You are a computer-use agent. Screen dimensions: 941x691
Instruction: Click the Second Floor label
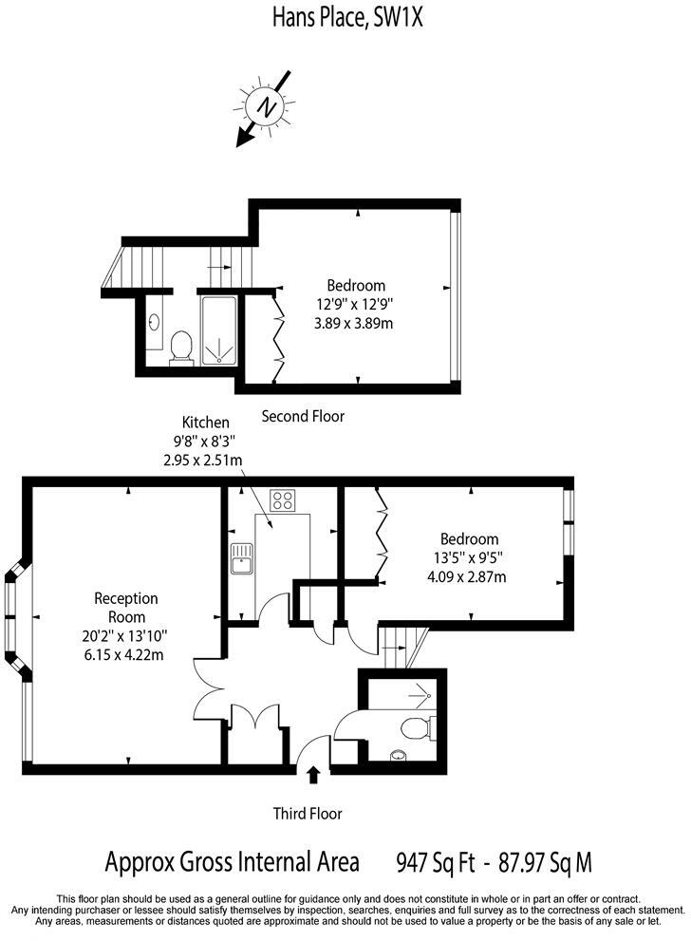[303, 416]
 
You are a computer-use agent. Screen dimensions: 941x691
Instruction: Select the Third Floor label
[307, 814]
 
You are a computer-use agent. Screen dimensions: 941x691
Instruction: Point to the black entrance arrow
[314, 776]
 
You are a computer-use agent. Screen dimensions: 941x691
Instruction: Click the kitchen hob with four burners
[283, 500]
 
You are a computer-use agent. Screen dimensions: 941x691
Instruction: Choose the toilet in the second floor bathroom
[181, 348]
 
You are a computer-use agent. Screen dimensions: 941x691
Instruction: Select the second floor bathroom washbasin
[154, 323]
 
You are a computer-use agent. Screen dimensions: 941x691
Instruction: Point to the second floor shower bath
[218, 330]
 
